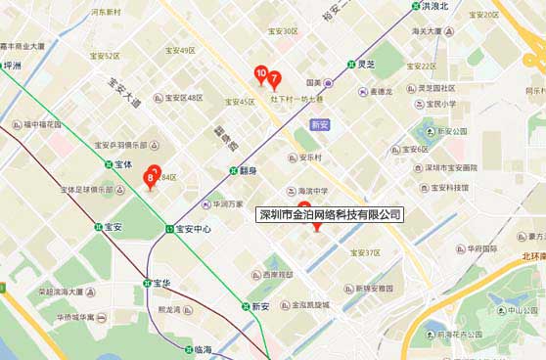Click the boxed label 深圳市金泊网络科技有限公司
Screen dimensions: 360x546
point(329,214)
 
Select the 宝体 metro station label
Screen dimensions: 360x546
point(122,164)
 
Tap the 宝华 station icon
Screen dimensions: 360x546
point(146,284)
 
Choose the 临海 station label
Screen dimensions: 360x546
point(203,349)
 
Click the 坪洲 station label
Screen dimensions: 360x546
point(13,67)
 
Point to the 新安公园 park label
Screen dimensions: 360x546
point(453,131)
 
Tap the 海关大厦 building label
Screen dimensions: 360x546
point(432,32)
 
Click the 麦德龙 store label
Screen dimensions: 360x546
point(381,92)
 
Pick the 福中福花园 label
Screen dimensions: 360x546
point(43,125)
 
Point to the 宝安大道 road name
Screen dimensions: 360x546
point(125,91)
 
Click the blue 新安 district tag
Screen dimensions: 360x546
point(319,125)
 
